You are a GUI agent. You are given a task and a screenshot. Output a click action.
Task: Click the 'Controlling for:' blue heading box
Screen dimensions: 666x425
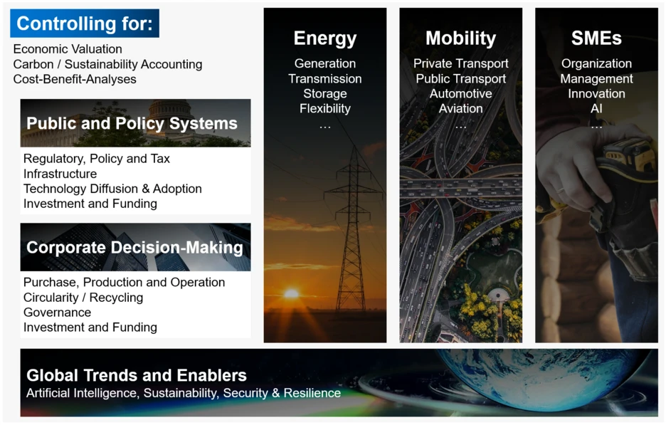[x=85, y=23]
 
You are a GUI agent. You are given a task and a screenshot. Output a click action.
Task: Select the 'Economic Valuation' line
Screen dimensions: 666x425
[x=68, y=49]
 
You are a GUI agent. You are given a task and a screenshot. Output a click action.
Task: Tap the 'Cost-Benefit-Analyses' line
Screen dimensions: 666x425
[x=75, y=79]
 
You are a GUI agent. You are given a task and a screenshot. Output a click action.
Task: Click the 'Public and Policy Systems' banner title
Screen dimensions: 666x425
[x=132, y=123]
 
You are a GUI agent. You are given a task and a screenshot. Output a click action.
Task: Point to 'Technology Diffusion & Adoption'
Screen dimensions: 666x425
[x=112, y=189]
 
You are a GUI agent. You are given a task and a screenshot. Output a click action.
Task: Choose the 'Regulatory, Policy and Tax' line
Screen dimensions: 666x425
[x=97, y=159]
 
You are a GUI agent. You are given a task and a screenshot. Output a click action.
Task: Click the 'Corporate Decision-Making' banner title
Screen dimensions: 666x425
[x=134, y=247]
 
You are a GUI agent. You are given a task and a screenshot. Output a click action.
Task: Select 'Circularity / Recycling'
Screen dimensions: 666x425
[x=83, y=298]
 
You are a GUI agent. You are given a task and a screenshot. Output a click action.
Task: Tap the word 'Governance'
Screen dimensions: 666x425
[x=58, y=313]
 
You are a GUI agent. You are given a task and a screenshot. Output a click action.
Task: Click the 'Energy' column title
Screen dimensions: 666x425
[x=325, y=38]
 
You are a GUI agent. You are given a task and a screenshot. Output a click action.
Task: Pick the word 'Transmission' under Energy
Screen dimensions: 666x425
[x=325, y=78]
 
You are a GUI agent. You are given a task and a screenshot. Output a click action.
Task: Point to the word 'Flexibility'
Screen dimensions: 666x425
[x=325, y=109]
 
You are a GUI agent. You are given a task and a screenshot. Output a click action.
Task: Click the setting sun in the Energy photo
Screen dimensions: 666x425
[x=292, y=293]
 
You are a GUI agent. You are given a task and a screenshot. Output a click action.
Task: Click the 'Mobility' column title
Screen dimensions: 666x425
[x=461, y=38]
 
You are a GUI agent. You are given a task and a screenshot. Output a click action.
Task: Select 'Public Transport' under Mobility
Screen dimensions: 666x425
[x=461, y=78]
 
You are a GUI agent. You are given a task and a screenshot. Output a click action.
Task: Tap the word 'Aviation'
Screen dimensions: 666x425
[x=461, y=108]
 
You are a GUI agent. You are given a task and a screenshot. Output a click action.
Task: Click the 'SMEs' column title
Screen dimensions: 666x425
[x=596, y=38]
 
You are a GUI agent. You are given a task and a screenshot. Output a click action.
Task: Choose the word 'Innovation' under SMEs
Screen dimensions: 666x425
[x=596, y=93]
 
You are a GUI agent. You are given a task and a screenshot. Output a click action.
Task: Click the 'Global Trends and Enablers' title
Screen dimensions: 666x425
[x=137, y=375]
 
